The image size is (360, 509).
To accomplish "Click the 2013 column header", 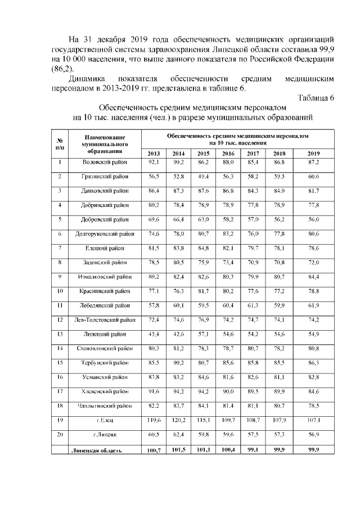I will [154, 154].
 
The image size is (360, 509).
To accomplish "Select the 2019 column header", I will [313, 154].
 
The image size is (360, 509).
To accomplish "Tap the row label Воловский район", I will [105, 163].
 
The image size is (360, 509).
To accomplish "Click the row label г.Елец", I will [105, 419].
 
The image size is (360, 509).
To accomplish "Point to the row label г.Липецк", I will [105, 434].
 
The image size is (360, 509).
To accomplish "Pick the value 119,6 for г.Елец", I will [154, 419].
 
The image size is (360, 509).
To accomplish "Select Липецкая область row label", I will [96, 450].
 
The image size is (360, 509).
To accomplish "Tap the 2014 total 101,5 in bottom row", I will [178, 450].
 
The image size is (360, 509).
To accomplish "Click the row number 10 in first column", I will [60, 291].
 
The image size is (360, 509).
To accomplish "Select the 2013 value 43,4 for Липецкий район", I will [154, 334].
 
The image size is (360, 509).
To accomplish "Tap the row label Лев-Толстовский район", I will [105, 319].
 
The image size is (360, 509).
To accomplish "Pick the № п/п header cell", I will [60, 143].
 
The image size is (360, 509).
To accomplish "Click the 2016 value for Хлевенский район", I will [228, 390].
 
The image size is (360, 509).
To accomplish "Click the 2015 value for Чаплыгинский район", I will [203, 405].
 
